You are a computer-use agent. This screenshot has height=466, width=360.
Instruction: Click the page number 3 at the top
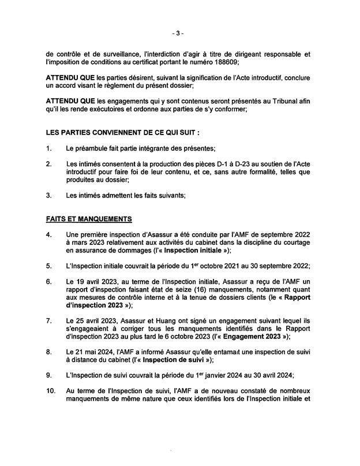coord(179,33)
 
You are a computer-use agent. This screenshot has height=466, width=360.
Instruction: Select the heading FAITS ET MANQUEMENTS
coord(89,219)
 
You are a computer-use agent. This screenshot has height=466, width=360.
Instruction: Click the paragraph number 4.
coord(49,234)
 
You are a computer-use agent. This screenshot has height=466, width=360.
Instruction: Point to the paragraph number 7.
coord(49,320)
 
